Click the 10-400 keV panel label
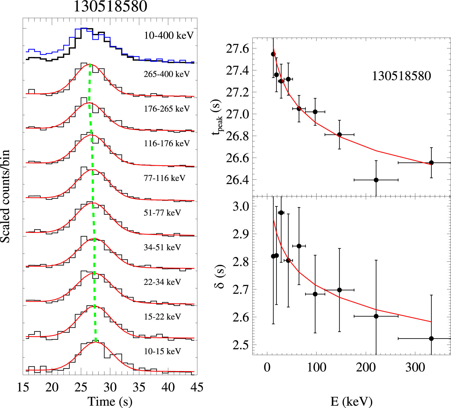point(169,36)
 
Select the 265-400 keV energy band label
point(166,74)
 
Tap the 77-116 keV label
point(164,178)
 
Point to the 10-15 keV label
point(162,351)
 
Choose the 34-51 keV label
point(162,247)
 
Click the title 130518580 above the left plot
point(110,6)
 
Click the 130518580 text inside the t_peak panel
point(402,76)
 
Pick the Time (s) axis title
point(110,402)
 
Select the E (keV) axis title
point(351,402)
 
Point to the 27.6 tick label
point(237,49)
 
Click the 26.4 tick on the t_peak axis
point(237,180)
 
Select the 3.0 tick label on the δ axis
point(241,206)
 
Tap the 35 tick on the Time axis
point(139,387)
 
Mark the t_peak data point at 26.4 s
point(376,180)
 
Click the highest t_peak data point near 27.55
point(273,54)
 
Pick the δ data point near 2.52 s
point(431,338)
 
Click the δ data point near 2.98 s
point(281,213)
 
